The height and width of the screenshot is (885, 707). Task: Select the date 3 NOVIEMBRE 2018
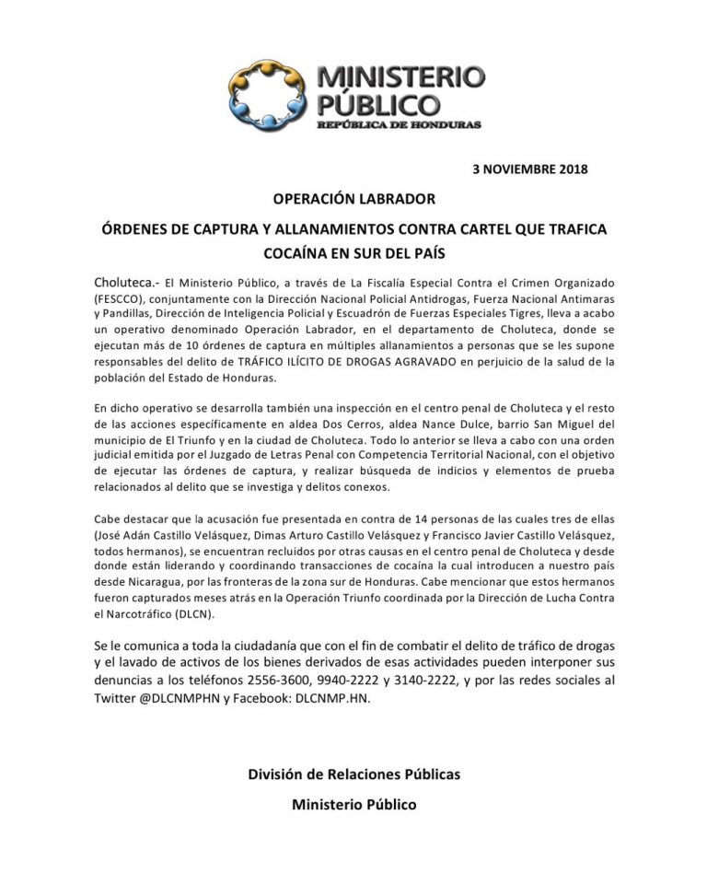[x=529, y=169]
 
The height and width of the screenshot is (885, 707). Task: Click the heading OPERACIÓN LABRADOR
[x=353, y=199]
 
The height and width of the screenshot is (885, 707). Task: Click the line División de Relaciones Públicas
[x=353, y=774]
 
